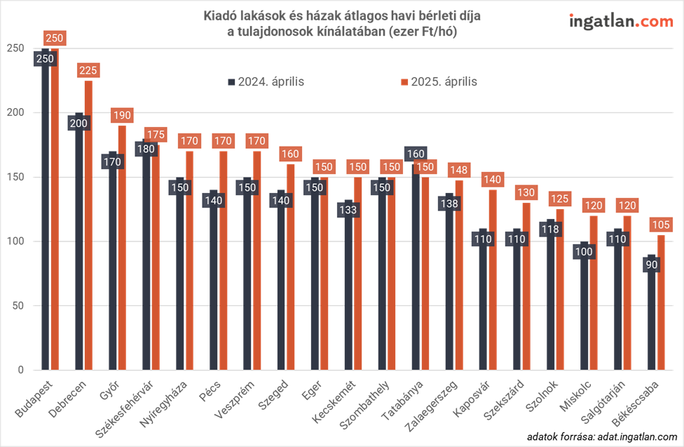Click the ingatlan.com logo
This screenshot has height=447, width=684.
[621, 22]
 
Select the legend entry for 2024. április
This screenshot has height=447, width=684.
[266, 81]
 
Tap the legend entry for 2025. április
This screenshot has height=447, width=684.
[439, 81]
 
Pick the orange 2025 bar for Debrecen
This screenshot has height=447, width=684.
[88, 232]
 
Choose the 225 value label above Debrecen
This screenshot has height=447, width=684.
[89, 70]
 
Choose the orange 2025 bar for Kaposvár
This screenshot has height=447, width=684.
[493, 281]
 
